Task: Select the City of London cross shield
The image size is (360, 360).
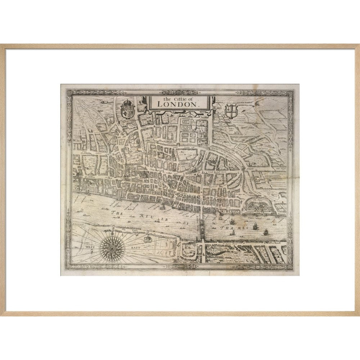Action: tap(230, 111)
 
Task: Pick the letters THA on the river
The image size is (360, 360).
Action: tap(227, 228)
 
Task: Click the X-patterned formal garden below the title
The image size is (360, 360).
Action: tap(186, 127)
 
